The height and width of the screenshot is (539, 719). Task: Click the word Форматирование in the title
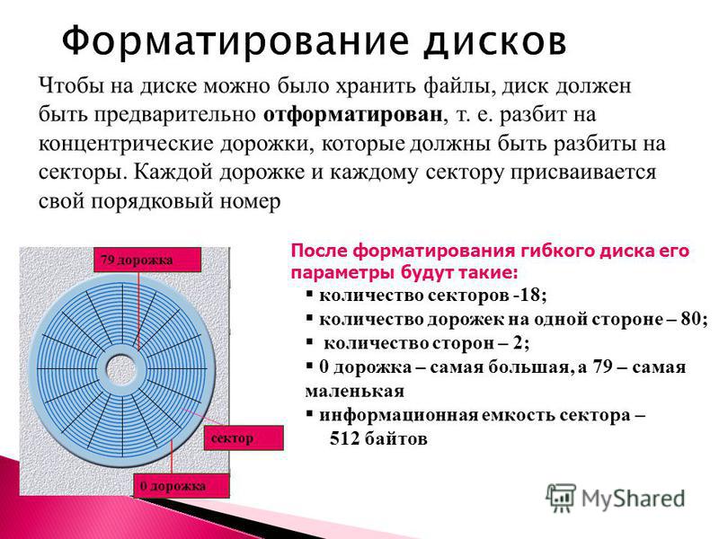click(x=235, y=41)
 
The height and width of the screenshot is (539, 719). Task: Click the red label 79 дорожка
click(x=147, y=260)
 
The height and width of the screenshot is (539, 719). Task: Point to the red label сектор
click(x=244, y=437)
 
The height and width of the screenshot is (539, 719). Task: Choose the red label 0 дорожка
click(x=182, y=486)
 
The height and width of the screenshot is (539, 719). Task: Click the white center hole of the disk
click(x=123, y=368)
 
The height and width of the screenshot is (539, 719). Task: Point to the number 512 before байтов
click(x=344, y=438)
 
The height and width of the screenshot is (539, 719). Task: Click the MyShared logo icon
click(x=560, y=498)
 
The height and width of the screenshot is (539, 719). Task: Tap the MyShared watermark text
click(x=634, y=499)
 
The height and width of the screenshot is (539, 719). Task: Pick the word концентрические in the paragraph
click(x=126, y=145)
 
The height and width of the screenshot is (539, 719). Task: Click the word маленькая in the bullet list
click(x=354, y=392)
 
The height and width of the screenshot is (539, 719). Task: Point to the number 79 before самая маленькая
click(x=602, y=367)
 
